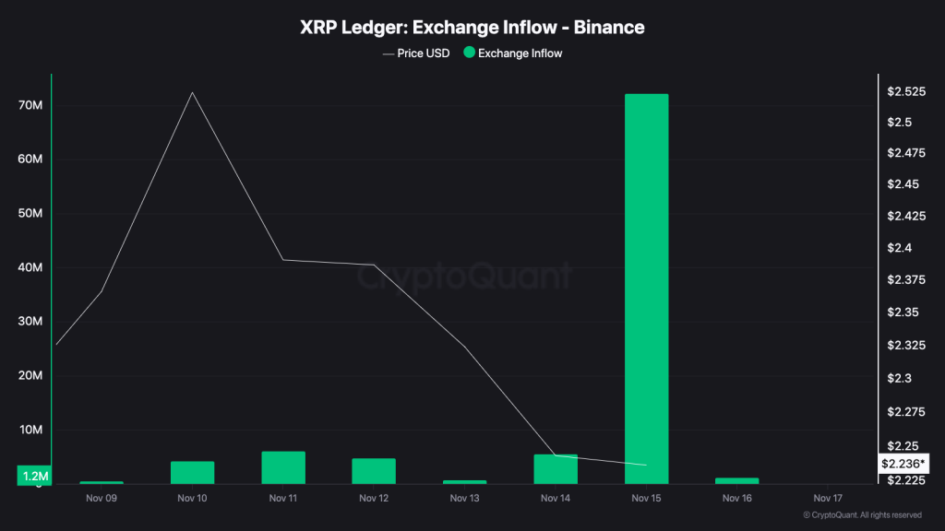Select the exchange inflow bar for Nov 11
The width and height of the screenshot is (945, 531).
283,467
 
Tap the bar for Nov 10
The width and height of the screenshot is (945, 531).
192,472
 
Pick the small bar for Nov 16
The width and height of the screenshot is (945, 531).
736,480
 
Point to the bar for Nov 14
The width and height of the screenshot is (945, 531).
556,469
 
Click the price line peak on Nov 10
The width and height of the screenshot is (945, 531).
192,92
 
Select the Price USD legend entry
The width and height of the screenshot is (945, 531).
416,53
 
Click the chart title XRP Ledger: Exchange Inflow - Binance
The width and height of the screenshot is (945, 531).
472,28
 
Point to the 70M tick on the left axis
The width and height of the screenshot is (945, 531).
30,106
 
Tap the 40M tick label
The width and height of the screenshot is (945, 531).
30,268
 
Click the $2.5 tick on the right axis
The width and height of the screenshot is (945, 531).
900,122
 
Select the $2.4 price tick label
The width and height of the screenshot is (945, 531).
900,248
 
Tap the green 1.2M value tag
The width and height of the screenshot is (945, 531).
34,476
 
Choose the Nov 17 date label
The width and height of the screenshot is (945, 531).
828,498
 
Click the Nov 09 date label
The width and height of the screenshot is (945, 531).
102,498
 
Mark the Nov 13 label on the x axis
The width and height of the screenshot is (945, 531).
464,498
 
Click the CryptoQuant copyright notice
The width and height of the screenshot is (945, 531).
862,515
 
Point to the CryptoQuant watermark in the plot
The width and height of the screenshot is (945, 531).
464,275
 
